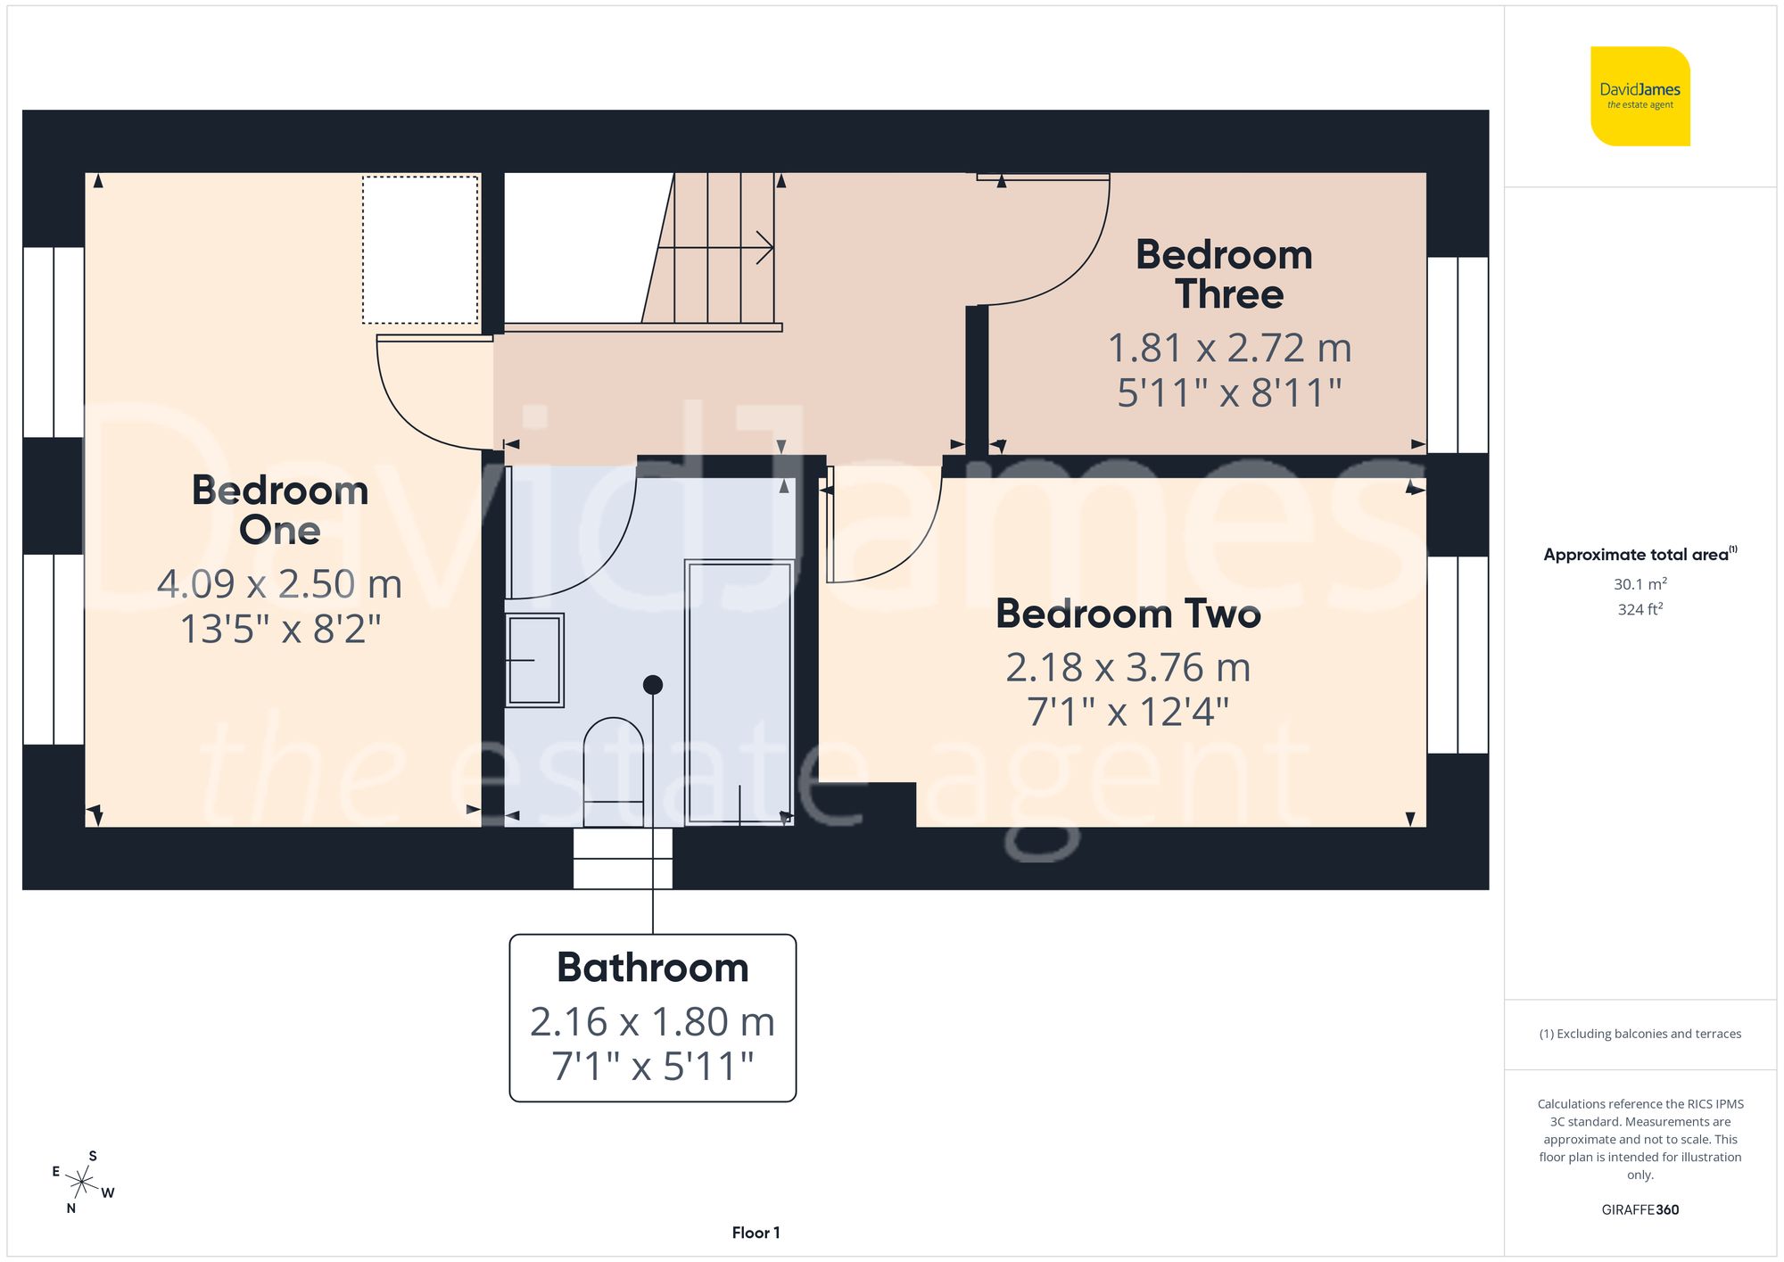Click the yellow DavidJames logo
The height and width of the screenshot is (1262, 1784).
[x=1639, y=96]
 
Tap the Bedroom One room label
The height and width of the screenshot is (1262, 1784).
[x=280, y=510]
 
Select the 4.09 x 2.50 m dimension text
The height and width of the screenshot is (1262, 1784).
[x=279, y=584]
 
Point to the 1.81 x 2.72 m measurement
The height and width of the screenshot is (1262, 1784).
[x=1229, y=348]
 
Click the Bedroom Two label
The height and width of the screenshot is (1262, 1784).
[x=1128, y=614]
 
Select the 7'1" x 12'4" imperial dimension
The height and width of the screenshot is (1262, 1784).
[x=1127, y=713]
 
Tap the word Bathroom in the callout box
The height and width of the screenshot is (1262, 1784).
[x=652, y=968]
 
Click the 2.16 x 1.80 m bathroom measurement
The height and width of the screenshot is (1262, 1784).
[x=652, y=1022]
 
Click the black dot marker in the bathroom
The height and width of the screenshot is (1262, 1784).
[x=653, y=685]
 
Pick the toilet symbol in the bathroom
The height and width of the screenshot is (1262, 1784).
[x=614, y=767]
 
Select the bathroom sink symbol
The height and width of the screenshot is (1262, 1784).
[x=534, y=660]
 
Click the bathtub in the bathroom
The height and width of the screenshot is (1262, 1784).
[x=739, y=691]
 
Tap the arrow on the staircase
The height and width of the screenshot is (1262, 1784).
[x=763, y=247]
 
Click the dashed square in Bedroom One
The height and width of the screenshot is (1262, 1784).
[x=420, y=250]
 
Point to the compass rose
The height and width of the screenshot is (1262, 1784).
[x=82, y=1183]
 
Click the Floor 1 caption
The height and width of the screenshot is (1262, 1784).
[x=756, y=1233]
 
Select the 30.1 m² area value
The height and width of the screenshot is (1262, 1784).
[x=1639, y=584]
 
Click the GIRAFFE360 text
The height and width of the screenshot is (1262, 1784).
[x=1639, y=1210]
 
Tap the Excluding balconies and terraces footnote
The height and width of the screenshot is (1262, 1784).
[x=1639, y=1034]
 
